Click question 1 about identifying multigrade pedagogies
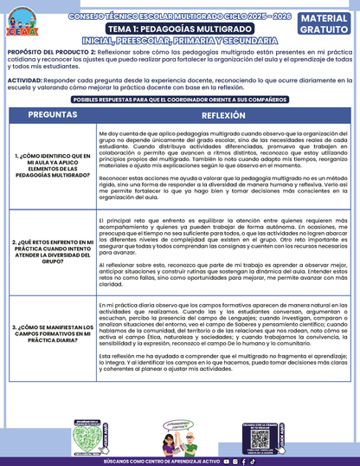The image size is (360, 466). pyautogui.click(x=50, y=163)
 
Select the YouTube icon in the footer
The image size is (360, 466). pyautogui.click(x=226, y=461)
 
